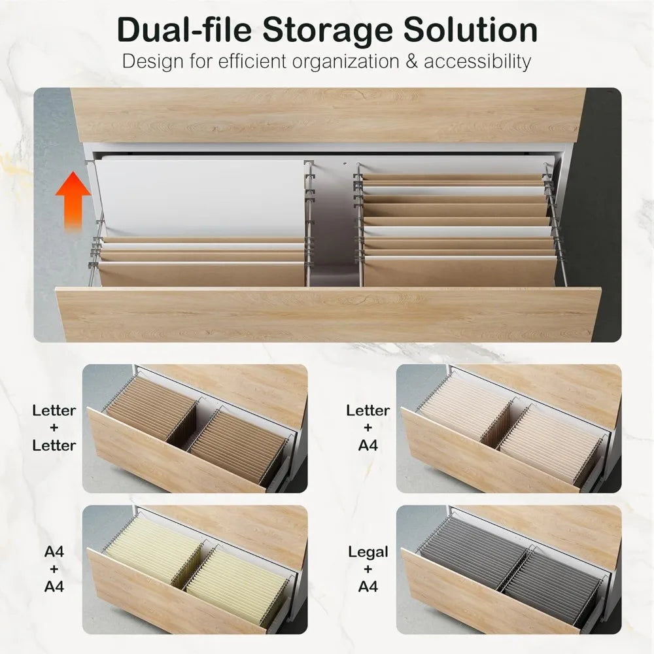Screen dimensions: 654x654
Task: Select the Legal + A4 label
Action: click(368, 569)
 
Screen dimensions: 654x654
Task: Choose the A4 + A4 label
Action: click(54, 569)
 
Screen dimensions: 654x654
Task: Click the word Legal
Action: click(368, 552)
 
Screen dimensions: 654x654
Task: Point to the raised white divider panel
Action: click(199, 196)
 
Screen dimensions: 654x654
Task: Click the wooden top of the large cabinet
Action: click(327, 114)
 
